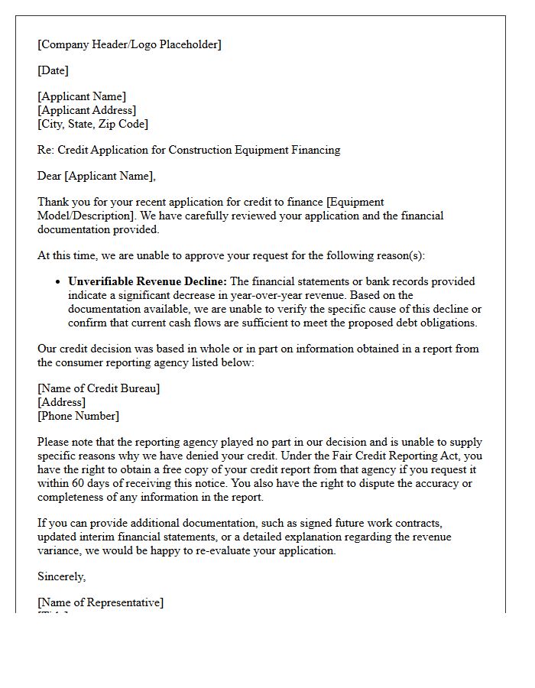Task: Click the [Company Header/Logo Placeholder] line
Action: point(129,44)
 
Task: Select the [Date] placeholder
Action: point(53,71)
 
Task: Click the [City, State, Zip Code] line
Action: point(92,124)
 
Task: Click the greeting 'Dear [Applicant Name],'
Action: point(96,177)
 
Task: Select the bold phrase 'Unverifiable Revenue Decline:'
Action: point(147,281)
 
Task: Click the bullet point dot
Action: point(58,282)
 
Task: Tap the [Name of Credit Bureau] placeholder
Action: point(99,388)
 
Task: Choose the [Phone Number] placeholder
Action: point(78,416)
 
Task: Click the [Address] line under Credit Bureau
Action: point(61,402)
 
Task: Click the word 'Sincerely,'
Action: point(62,576)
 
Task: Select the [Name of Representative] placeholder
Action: point(100,602)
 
